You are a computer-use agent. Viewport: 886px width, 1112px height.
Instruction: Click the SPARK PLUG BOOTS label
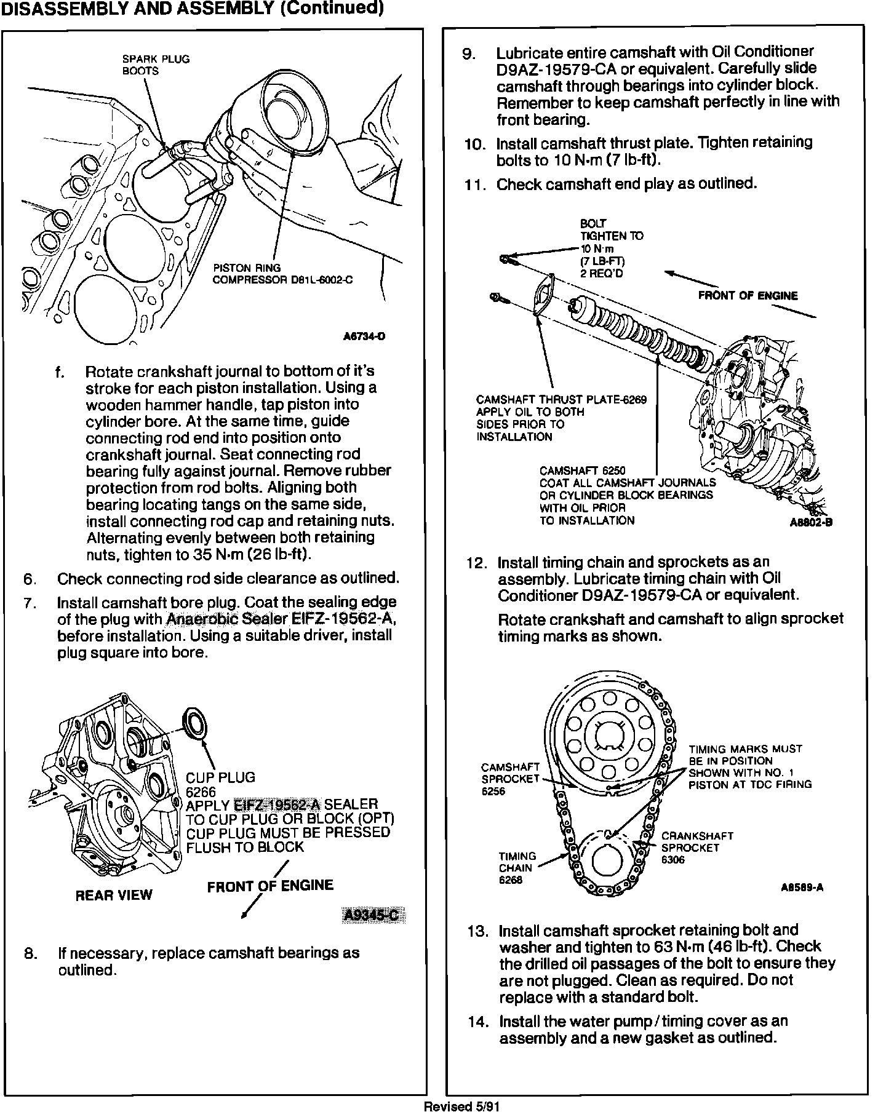tap(156, 65)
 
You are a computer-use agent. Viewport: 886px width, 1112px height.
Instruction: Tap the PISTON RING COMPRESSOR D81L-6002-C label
tap(282, 274)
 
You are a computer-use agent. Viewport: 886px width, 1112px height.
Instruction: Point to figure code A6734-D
tap(364, 336)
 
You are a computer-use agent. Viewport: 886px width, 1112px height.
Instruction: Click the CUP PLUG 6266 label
tap(220, 785)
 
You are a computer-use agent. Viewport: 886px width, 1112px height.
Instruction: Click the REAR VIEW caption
tap(113, 895)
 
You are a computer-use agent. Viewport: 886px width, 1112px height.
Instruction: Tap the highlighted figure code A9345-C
tap(373, 916)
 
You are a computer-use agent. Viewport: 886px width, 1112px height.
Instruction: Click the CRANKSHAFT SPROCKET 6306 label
tap(696, 848)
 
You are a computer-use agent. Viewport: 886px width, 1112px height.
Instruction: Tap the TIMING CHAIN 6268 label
tap(517, 868)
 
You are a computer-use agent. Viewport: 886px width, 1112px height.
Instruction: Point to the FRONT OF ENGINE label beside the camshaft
tap(748, 296)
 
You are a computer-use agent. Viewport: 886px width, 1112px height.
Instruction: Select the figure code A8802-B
tap(810, 524)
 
